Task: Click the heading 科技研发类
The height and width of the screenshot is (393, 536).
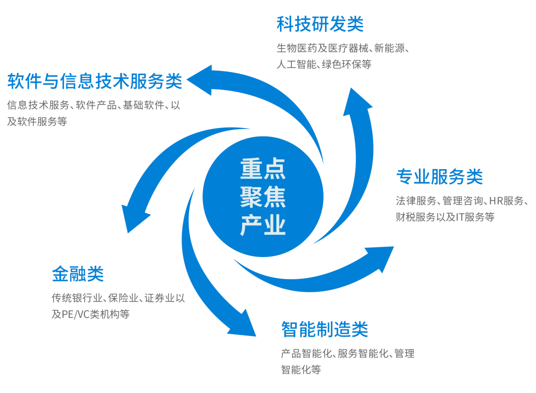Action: [319, 25]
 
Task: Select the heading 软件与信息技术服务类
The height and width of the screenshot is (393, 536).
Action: [93, 81]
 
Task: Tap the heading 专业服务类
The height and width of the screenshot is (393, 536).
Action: [439, 176]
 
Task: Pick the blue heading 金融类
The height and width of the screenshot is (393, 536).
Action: [77, 273]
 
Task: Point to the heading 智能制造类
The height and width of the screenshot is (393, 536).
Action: [324, 328]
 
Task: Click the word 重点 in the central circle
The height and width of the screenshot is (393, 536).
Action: [263, 169]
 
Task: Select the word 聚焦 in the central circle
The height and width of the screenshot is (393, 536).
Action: [263, 197]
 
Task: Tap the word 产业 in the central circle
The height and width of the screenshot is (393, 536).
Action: [263, 226]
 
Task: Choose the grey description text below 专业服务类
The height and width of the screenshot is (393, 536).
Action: [460, 208]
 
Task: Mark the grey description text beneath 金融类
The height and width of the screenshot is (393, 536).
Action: [119, 306]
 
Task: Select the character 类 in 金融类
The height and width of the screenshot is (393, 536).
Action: [93, 273]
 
